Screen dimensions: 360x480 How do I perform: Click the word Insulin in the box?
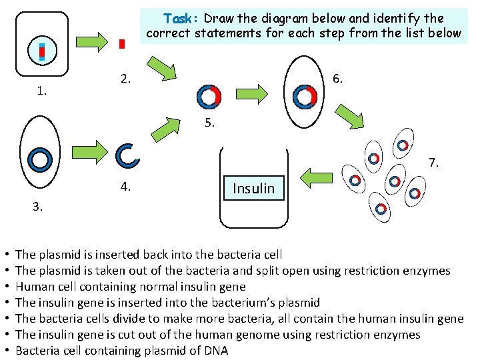(253, 189)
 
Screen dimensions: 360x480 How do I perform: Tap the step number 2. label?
(126, 79)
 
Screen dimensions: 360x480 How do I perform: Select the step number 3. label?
(38, 207)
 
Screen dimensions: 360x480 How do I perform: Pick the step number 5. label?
(210, 123)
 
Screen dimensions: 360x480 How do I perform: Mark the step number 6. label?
(338, 79)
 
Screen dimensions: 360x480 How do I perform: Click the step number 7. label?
(434, 162)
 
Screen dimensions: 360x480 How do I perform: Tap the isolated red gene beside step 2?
(121, 44)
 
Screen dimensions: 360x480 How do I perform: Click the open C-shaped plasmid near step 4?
(127, 155)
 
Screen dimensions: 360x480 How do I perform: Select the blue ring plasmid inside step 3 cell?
(41, 159)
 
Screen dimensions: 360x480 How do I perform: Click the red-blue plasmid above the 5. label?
(209, 97)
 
